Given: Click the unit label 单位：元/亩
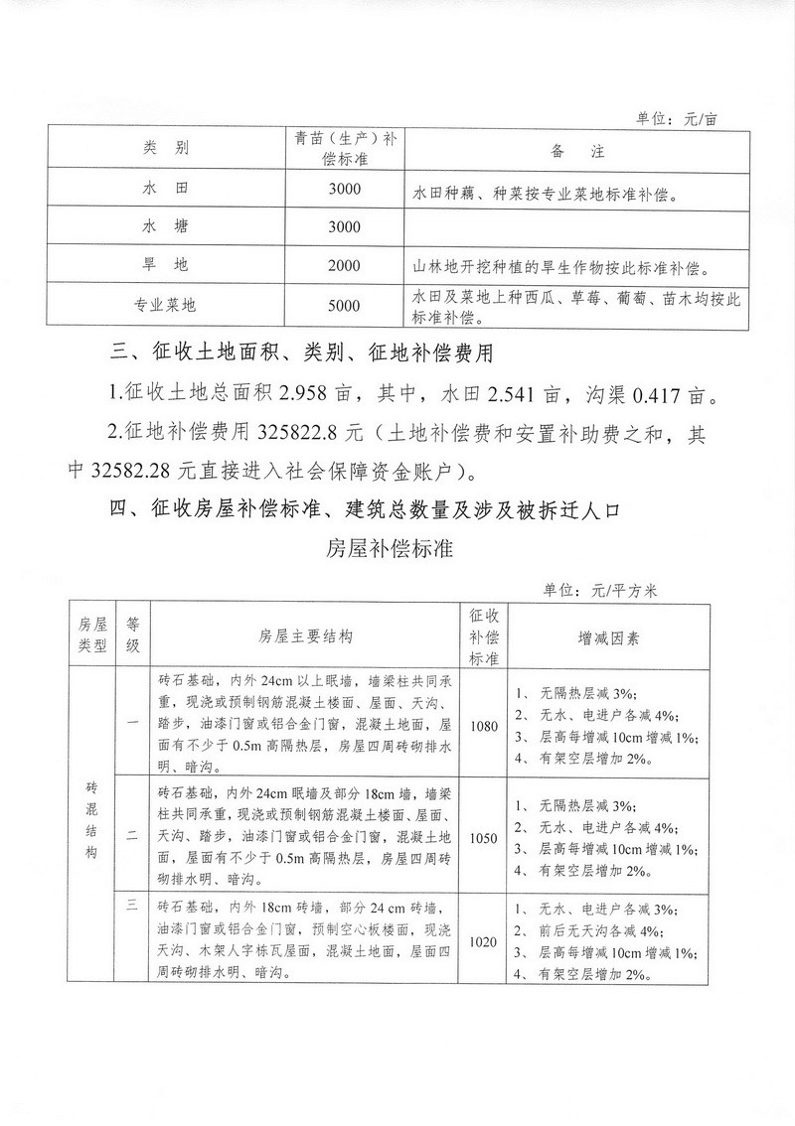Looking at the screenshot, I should pyautogui.click(x=676, y=117).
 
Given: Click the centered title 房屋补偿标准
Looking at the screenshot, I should pyautogui.click(x=389, y=548).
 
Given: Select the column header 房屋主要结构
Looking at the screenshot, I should pyautogui.click(x=305, y=635).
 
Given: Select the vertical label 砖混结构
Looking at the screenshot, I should pyautogui.click(x=91, y=821).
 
